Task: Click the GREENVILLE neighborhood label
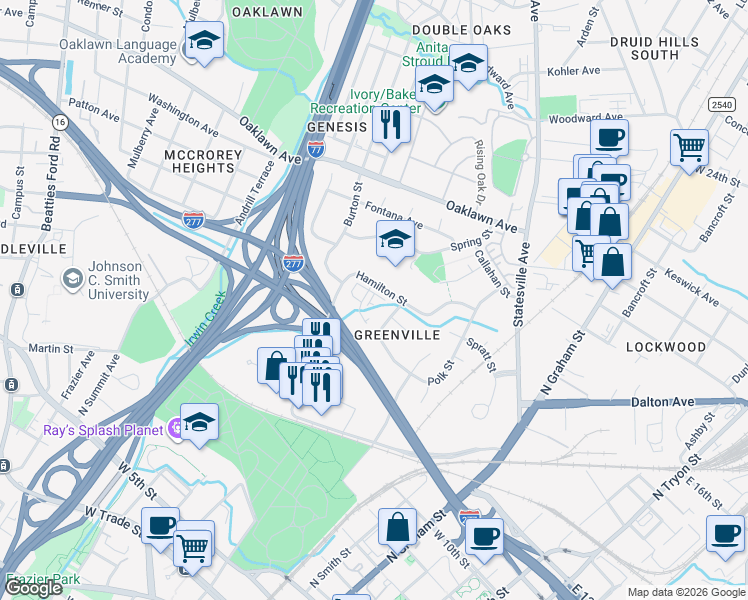tap(397, 335)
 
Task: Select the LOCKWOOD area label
tap(665, 347)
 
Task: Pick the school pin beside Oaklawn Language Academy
tap(204, 42)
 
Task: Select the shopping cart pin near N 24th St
tap(689, 148)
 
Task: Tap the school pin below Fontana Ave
tap(395, 241)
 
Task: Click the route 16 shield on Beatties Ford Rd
tap(61, 122)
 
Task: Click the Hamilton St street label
tap(381, 287)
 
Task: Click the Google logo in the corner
tap(33, 588)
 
